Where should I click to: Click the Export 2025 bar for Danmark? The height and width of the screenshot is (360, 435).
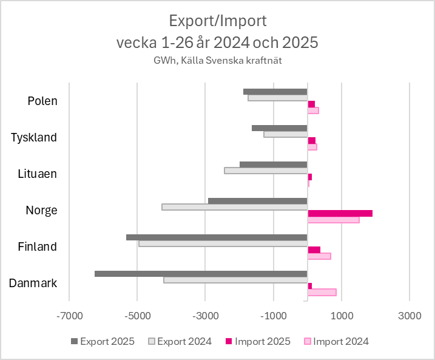coord(201,274)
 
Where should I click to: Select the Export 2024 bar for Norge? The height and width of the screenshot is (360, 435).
coord(235,207)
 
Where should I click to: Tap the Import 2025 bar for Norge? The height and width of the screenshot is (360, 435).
coord(340,213)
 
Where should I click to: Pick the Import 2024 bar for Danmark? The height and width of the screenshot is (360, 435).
coord(322,292)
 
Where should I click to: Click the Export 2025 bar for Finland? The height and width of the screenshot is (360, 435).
coord(217,237)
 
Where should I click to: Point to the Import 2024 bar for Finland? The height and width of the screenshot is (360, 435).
coord(319,256)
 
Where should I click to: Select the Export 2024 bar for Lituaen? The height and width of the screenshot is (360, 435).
coord(266,171)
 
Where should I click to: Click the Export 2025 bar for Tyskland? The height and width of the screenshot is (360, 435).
coord(280,128)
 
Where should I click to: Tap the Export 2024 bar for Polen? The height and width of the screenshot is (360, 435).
coord(278,98)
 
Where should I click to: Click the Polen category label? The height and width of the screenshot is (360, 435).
coord(42,101)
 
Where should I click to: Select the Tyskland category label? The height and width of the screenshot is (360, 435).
coord(34,137)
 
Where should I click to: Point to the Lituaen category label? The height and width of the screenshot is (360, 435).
coord(38,174)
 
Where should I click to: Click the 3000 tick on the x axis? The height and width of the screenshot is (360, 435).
coord(410,316)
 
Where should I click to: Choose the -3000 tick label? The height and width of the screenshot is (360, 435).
coord(205,316)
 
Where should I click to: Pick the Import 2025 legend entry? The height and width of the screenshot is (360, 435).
coord(259,341)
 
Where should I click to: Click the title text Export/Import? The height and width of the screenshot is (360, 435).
coord(217,21)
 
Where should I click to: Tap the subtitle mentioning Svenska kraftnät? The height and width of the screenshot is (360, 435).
coord(217,60)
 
